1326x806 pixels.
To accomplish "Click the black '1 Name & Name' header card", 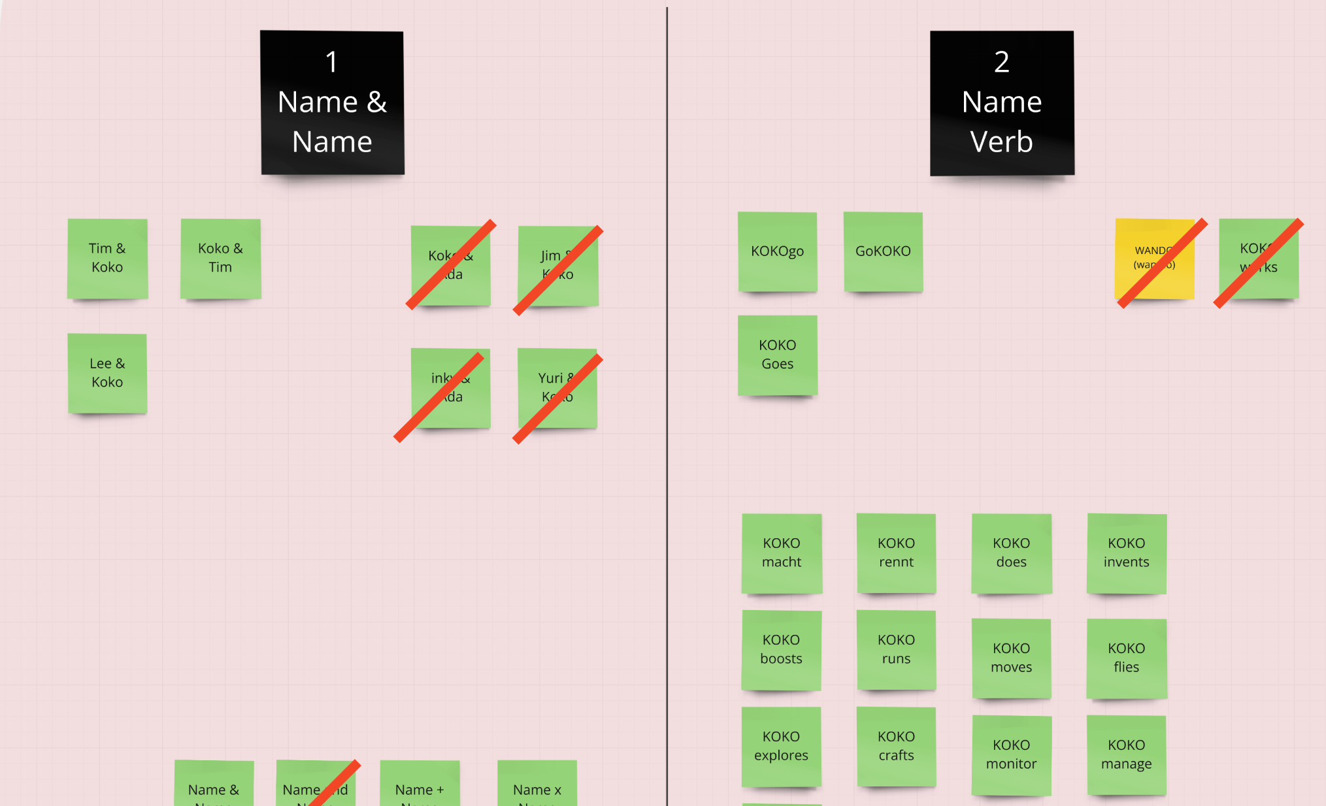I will tap(332, 103).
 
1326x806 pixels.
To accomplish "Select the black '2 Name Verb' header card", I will tap(1002, 103).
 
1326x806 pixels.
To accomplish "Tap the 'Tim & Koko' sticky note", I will tap(107, 259).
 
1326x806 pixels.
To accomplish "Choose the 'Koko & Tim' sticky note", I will tap(220, 259).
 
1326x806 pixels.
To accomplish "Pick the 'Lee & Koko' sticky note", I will tap(107, 373).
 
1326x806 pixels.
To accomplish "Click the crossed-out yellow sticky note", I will tap(1154, 259).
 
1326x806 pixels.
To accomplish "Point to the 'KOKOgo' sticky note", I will tap(777, 251).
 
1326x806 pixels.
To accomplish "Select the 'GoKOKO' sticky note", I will tap(883, 251).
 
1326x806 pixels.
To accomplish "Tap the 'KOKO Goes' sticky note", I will tap(777, 355).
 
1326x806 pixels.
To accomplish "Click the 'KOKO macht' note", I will tap(782, 553).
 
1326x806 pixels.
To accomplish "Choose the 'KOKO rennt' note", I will tap(896, 553).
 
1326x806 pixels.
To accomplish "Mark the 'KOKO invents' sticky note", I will tap(1126, 553).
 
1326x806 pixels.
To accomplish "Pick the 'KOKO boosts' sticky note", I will tap(781, 650).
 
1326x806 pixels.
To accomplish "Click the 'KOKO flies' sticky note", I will tap(1126, 658).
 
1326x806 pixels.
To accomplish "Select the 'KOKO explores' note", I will tap(781, 747).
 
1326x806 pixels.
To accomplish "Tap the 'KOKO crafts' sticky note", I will tap(896, 747).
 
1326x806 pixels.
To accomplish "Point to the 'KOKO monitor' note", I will tap(1011, 755).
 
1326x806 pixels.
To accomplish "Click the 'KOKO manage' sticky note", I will tap(1126, 755).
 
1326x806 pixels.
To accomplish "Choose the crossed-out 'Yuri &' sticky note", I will tap(557, 388).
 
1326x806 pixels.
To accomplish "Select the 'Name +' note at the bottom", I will tap(420, 784).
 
